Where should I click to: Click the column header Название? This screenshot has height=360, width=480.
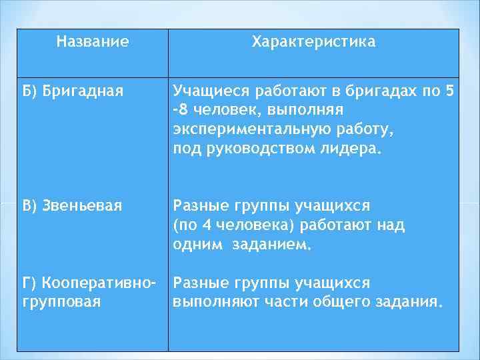coord(93,42)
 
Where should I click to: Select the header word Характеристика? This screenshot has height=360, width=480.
coord(313,42)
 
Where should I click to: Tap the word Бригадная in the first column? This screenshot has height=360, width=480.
coord(83,90)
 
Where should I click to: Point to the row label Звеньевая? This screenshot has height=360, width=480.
coord(82,206)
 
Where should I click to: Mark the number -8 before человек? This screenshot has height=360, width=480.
coord(179,109)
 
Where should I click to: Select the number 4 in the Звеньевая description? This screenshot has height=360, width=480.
coord(205,225)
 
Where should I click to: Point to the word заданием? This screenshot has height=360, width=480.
coord(271,245)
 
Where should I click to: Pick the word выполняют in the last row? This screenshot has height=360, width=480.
coord(211,301)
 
